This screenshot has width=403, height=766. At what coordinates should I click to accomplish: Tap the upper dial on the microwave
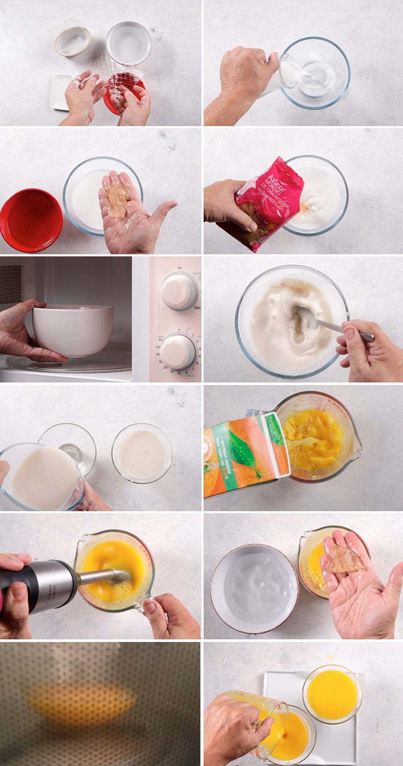tap(179, 291)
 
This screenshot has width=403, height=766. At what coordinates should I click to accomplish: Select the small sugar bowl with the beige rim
tap(72, 41)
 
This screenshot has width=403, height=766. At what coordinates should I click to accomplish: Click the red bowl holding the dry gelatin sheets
tap(124, 93)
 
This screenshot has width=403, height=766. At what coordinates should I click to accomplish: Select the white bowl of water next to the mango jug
tap(254, 588)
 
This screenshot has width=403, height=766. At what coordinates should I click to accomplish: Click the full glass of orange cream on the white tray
tap(332, 694)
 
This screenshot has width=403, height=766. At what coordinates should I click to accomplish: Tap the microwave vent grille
tap(10, 284)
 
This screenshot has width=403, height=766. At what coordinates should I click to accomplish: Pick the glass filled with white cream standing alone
tap(142, 454)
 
